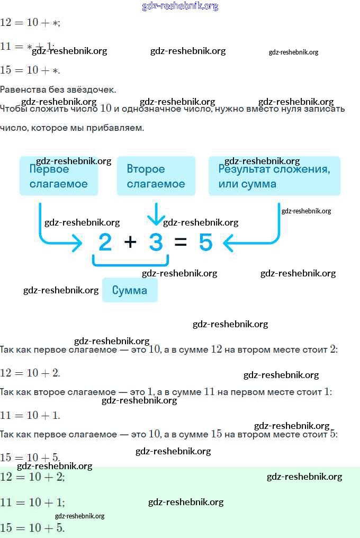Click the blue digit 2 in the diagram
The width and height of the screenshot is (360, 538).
coord(105,243)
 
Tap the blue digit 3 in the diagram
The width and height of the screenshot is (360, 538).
coord(156,243)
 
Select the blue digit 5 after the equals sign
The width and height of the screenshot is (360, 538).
coord(205,243)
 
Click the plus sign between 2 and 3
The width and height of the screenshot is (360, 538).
coord(130,243)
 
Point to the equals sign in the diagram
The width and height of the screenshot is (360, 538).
coord(181,243)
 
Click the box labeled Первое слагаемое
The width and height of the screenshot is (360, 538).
coord(58,176)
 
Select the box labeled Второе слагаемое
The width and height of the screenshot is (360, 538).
coord(156,176)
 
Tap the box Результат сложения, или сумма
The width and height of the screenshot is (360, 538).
coord(274,176)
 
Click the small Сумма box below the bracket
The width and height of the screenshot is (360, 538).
coord(130,290)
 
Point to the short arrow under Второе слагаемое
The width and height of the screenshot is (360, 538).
coord(156,214)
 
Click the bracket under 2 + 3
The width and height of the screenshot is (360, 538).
coord(130,261)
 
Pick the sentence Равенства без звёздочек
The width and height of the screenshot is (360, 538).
coord(58,89)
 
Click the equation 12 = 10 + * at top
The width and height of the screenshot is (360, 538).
coord(30,22)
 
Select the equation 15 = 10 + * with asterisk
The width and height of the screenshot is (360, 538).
coord(30,70)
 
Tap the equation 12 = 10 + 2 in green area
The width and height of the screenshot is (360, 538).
coord(32,477)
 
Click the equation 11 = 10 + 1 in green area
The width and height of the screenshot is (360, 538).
coord(32,502)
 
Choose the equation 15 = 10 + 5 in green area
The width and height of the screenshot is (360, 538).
coord(32,527)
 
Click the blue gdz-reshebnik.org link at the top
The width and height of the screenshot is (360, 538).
coord(180,6)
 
